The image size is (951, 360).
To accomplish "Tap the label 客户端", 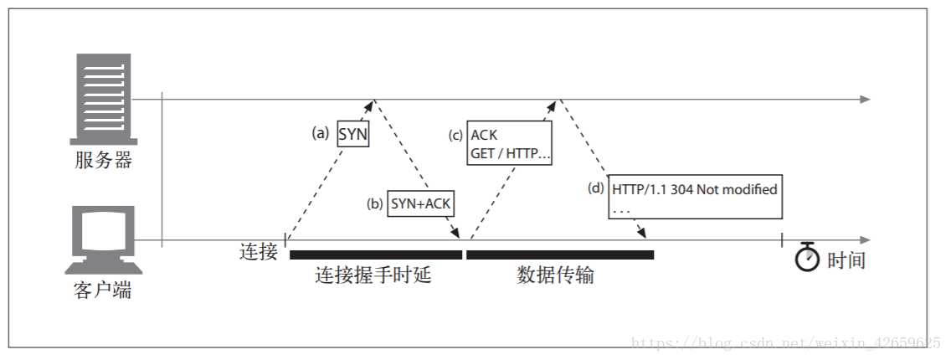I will pyautogui.click(x=102, y=291).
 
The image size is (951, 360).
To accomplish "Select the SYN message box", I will pyautogui.click(x=353, y=134).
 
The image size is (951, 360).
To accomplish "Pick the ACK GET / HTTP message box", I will pyautogui.click(x=509, y=144).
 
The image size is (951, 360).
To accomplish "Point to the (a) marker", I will pyautogui.click(x=321, y=133).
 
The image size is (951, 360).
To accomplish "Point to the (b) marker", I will pyautogui.click(x=374, y=203).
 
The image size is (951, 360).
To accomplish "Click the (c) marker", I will pyautogui.click(x=455, y=134).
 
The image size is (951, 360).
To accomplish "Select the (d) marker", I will pyautogui.click(x=595, y=188).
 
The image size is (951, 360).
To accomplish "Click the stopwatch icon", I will pyautogui.click(x=807, y=258).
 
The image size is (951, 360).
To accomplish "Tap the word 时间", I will pyautogui.click(x=846, y=260).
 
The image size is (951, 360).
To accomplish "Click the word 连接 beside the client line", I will pyautogui.click(x=259, y=251).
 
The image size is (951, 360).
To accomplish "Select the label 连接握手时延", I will pyautogui.click(x=373, y=275).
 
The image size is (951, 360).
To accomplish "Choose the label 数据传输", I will pyautogui.click(x=556, y=275).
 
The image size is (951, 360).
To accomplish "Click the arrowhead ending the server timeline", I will pyautogui.click(x=866, y=100).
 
